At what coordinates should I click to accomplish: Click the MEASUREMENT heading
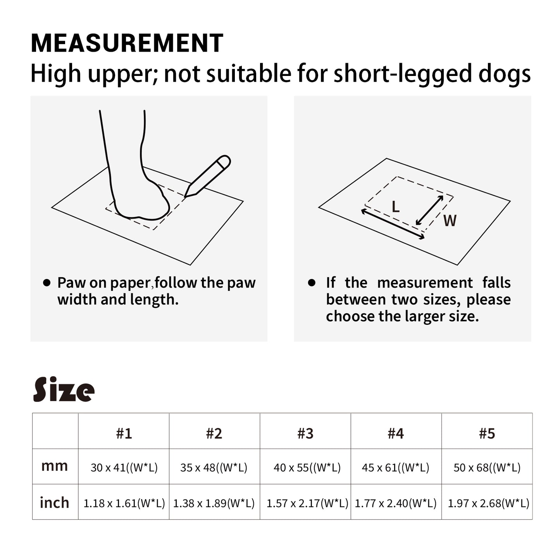click(x=127, y=43)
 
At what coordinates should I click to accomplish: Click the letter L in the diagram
click(x=395, y=207)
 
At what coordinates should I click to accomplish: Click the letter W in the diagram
click(x=450, y=221)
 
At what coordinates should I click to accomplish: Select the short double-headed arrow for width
click(x=429, y=210)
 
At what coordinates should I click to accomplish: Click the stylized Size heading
click(x=64, y=389)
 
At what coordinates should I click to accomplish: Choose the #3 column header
click(x=305, y=433)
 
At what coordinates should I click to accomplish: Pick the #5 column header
click(x=487, y=433)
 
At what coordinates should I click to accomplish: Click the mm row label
click(x=55, y=466)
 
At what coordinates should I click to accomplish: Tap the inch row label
click(x=55, y=503)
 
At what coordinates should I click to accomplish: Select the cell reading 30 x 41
click(x=124, y=468)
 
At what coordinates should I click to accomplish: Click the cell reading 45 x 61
click(x=396, y=468)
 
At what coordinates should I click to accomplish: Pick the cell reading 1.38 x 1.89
click(x=214, y=503)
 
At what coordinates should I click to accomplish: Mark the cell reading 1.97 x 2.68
click(x=488, y=503)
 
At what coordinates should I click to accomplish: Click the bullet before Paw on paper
click(x=47, y=283)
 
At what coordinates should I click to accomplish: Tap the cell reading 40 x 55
click(x=307, y=468)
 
